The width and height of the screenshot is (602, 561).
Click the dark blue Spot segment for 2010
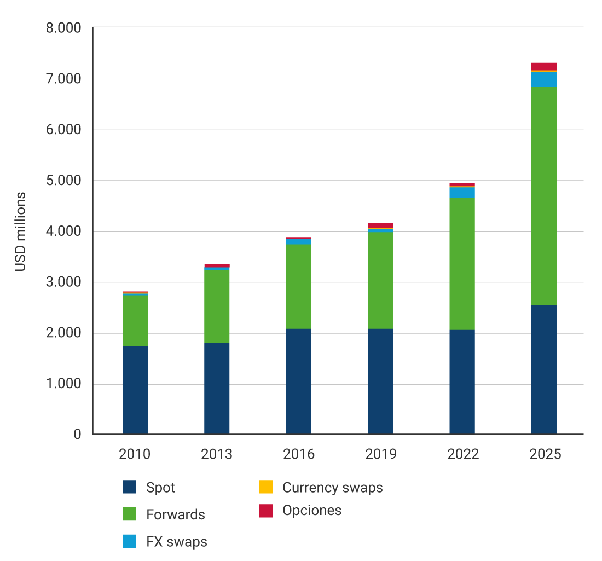tap(135, 390)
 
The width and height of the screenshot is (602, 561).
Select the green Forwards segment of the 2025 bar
tap(543, 195)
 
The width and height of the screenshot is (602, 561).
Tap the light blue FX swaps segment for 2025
tap(543, 79)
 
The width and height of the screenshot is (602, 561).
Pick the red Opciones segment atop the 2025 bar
tap(543, 66)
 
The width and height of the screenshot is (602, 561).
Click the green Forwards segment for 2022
tap(462, 263)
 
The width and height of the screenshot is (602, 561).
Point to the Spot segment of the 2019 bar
tap(380, 381)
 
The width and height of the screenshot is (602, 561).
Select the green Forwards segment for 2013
tap(217, 306)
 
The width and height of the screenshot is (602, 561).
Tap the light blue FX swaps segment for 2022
tap(462, 193)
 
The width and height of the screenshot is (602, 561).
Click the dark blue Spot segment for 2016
tap(299, 381)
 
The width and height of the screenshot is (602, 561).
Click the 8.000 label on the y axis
tap(63, 28)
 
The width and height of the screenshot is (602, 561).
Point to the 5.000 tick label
tap(63, 181)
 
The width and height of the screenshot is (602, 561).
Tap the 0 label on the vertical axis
tap(77, 435)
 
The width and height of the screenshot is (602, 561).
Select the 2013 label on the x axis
tap(217, 454)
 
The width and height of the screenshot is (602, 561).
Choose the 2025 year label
tap(543, 454)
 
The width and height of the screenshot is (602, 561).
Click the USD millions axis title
tap(20, 232)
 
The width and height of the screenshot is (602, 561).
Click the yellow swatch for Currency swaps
tap(265, 487)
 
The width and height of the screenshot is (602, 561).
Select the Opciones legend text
tap(312, 511)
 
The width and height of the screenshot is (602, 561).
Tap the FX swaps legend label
tap(177, 542)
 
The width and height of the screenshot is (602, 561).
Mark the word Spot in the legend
tap(160, 487)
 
